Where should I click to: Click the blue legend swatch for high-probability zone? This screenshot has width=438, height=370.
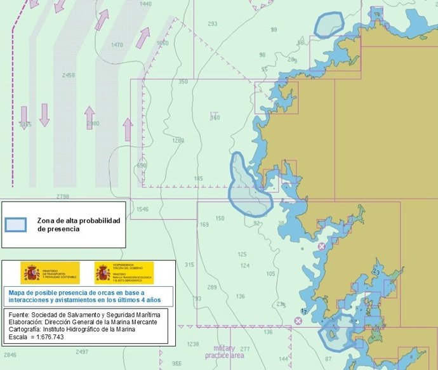coord(16,225)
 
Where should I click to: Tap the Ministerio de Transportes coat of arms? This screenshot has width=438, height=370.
coord(30,272)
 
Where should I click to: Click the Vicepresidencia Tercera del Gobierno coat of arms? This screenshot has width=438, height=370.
coord(103,272)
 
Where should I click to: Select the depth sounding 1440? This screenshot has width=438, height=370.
coord(145,4)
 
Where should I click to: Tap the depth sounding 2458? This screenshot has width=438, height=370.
coord(69,75)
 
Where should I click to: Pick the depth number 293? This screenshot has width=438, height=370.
coord(212,24)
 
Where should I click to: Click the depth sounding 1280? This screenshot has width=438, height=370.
coord(178,141)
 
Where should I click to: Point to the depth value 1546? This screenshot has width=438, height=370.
coord(142,209)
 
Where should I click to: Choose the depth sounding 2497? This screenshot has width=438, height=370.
coord(82,351)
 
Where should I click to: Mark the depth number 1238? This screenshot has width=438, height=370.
coord(192,344)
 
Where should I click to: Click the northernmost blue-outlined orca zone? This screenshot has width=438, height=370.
coord(329,25)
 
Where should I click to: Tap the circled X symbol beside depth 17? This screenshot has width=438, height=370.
coord(298,320)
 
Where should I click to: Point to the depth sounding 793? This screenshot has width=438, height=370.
coord(197,298)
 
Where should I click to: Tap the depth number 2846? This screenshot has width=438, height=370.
coord(10,355)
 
